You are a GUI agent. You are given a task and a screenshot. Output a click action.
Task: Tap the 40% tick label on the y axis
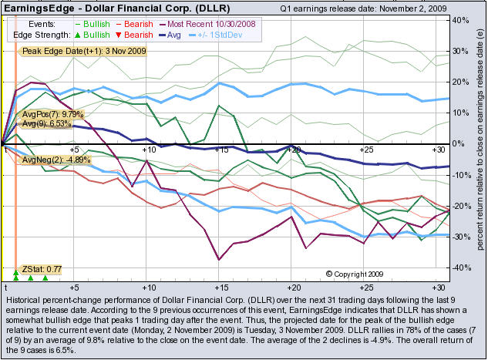(461, 19)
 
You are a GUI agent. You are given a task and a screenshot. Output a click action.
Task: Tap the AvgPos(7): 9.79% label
(58, 114)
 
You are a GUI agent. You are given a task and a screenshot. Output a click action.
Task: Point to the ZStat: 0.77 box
(42, 270)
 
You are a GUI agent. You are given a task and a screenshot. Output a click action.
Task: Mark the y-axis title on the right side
(479, 146)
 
